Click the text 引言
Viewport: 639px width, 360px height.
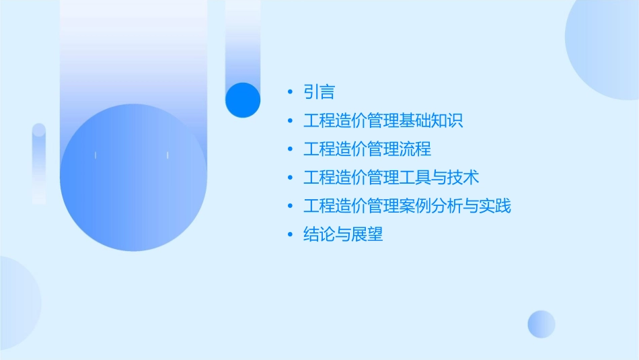point(319,92)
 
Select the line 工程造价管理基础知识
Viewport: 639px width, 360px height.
point(383,121)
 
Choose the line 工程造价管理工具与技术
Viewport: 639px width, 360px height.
point(391,178)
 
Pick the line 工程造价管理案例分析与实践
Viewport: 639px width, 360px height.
point(407,206)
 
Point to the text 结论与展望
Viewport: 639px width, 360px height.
point(343,234)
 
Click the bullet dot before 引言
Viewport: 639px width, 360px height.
point(289,92)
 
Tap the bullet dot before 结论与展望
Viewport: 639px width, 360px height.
point(289,234)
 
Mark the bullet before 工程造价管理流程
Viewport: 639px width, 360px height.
point(289,149)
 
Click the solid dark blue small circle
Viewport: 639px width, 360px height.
point(243,100)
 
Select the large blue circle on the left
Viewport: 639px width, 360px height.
point(133,178)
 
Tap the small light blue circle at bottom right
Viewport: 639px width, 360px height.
point(541,324)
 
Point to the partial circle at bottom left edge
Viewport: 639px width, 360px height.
point(17,303)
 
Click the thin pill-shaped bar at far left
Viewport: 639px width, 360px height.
point(39,164)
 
